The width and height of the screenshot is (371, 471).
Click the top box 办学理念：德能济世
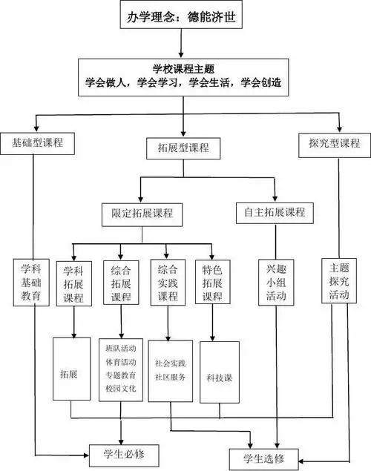coord(183,17)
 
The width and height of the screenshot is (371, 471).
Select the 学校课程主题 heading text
coord(183,70)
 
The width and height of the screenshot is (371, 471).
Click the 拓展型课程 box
coord(183,148)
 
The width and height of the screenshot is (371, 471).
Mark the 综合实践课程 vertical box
coord(166,282)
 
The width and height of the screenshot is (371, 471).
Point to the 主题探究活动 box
coord(338,282)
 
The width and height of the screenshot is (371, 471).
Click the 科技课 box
coord(220,378)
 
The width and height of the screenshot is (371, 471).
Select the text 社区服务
coord(170,377)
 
